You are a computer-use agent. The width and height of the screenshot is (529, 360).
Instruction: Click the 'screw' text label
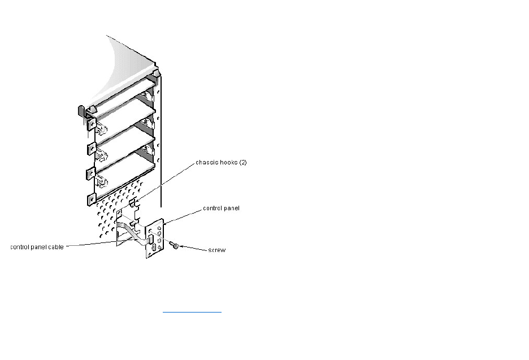[x=216, y=250]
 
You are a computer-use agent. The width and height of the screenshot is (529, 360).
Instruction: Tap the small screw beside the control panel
[x=175, y=246]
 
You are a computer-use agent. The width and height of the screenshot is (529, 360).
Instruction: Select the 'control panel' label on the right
[x=221, y=208]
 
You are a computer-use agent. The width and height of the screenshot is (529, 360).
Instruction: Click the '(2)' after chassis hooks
[x=242, y=162]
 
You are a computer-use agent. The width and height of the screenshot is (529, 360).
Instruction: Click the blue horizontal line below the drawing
[x=192, y=311]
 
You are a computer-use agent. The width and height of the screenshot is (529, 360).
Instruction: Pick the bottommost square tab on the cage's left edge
[x=90, y=199]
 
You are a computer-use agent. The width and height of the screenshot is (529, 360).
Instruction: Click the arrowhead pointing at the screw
[x=183, y=247]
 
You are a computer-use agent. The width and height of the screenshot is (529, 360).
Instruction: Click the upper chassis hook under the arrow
[x=134, y=202]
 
